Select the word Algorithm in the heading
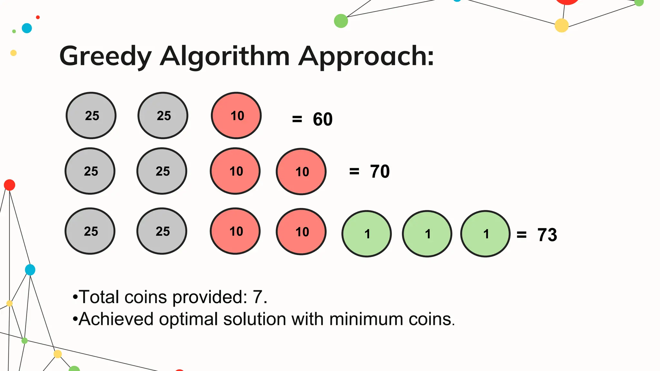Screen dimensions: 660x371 click(x=225, y=56)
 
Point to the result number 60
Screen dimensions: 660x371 click(x=323, y=119)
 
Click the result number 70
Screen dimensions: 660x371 click(x=380, y=171)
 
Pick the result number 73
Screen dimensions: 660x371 click(x=547, y=235)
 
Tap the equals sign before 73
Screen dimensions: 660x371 click(x=521, y=235)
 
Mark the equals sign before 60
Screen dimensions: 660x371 click(x=297, y=119)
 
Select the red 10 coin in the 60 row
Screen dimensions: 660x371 click(x=236, y=116)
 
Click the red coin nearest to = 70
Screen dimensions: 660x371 click(x=301, y=172)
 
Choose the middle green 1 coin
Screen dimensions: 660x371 click(x=427, y=234)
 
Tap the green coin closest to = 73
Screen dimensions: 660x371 click(x=485, y=234)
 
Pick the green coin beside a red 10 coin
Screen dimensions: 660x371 click(x=367, y=234)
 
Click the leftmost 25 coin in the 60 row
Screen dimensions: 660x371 click(x=91, y=116)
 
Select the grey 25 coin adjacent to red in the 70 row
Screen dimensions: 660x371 click(x=162, y=171)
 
